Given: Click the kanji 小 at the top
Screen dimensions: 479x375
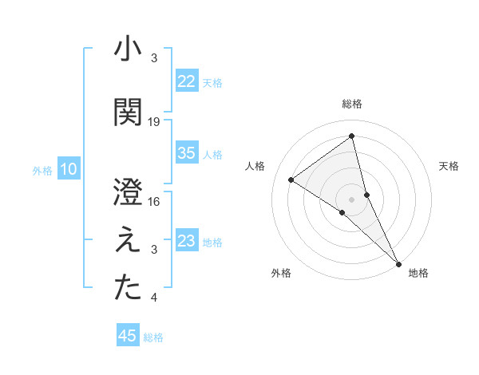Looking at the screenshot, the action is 128,49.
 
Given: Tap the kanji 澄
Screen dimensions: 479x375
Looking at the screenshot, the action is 128,191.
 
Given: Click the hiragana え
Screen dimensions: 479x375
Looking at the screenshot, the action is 128,241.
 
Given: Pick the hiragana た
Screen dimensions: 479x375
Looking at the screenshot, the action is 128,288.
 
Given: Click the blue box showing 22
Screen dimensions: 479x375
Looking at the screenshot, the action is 186,81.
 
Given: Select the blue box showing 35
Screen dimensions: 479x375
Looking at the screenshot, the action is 186,153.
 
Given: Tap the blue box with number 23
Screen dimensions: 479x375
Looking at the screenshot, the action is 186,241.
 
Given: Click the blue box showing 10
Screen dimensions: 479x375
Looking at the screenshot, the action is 68,169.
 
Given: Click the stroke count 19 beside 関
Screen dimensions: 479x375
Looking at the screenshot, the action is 154,122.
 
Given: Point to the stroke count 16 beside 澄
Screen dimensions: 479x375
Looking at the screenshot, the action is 154,202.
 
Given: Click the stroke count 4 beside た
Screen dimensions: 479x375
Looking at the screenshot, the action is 154,298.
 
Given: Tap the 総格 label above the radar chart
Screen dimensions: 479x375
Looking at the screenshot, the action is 352,104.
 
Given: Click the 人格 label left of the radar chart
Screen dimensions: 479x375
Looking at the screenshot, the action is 255,166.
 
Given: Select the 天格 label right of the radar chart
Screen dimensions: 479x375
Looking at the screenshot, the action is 449,166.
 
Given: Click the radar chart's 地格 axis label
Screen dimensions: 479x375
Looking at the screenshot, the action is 418,274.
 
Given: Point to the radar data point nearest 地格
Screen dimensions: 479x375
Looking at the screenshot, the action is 398,262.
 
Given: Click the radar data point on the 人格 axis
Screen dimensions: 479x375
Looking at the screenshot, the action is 291,180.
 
